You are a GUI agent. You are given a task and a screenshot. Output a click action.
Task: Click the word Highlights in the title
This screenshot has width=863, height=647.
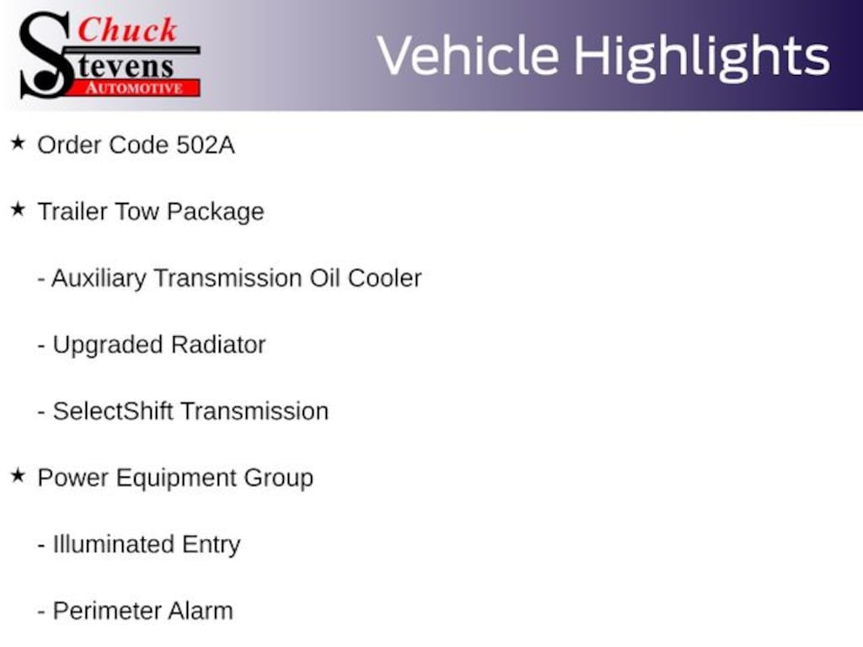coord(701,56)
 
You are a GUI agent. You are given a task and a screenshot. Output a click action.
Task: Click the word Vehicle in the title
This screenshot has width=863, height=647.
coord(468,56)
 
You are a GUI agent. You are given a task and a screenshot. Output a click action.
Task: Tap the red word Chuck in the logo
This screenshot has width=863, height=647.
coord(127,29)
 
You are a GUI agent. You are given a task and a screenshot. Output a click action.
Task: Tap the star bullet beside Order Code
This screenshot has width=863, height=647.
coord(18,143)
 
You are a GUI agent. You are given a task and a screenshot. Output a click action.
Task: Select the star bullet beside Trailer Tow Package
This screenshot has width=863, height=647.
coord(18,210)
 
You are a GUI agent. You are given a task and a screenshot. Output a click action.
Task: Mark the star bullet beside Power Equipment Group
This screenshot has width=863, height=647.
coord(18,476)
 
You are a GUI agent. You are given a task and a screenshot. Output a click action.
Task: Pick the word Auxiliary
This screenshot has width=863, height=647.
coord(99,278)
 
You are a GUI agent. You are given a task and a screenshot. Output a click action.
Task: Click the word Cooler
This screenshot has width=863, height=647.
coord(385,278)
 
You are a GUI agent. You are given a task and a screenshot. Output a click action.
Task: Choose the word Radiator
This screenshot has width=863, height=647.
coord(218,345)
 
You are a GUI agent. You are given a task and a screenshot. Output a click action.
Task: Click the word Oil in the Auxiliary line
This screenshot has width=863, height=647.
coord(324,278)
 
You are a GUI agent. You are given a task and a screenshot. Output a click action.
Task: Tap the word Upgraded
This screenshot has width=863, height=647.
coord(108,345)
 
